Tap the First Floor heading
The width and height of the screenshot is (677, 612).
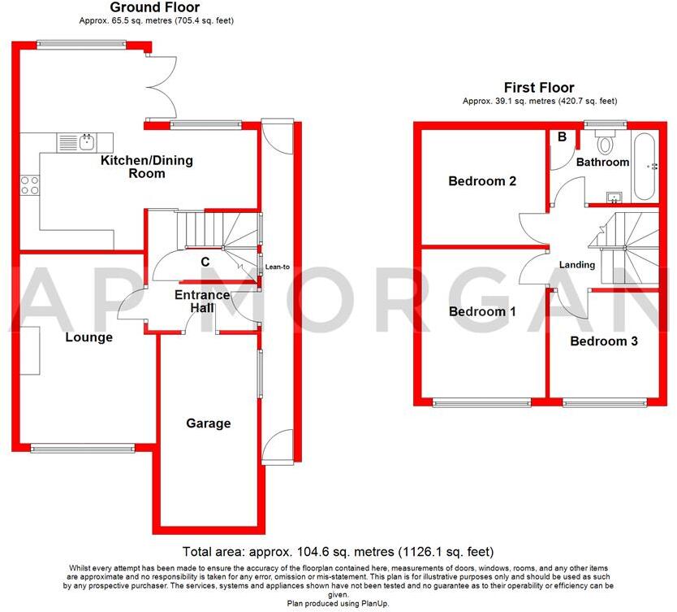coord(539,88)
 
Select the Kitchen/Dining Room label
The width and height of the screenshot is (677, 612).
coord(146,167)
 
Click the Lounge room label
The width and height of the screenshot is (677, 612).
coord(88,337)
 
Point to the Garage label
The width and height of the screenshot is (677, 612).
coord(209,423)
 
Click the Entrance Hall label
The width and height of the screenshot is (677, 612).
coord(202,302)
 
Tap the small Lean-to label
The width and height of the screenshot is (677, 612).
coord(278,266)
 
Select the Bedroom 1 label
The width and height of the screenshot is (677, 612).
coord(482,311)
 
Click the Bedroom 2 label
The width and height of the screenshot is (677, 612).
coord(482,181)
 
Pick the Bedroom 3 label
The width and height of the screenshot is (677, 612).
coord(603,341)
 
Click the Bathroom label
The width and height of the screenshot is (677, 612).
coord(602,162)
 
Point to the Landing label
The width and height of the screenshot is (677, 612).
coord(577,265)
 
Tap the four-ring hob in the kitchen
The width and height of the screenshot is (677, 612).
coord(30,185)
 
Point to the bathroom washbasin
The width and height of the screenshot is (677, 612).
coord(614,196)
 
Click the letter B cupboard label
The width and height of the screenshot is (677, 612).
coord(561,137)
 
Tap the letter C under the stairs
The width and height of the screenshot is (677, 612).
coord(205,262)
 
